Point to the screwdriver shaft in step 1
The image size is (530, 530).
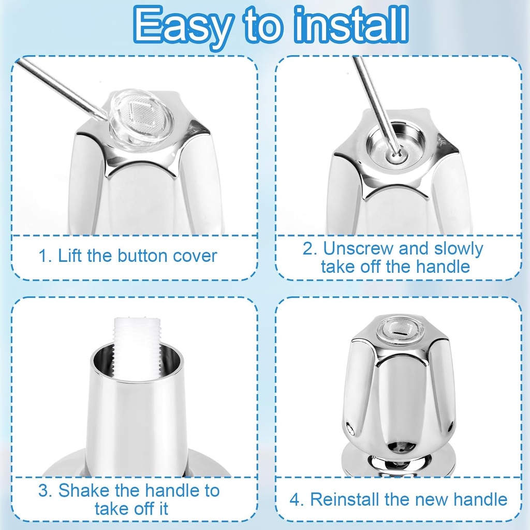[62, 85]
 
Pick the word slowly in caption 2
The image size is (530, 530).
[458, 249]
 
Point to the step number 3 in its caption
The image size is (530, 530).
[43, 490]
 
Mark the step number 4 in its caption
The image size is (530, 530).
[295, 499]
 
